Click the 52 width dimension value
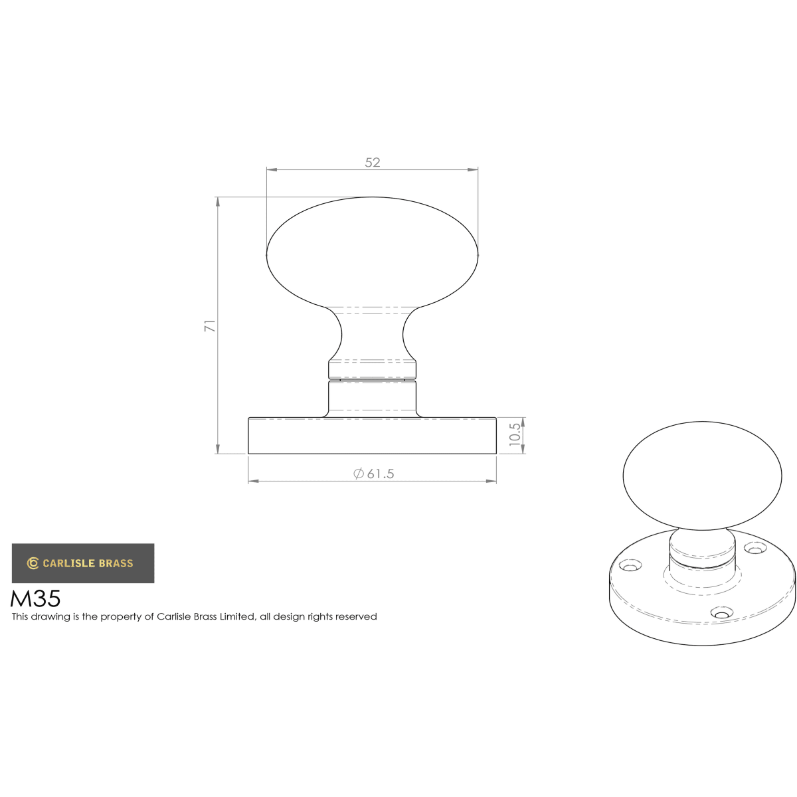tap(372, 163)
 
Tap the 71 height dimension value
tap(210, 325)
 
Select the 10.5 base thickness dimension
tap(515, 434)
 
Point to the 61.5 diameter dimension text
tap(381, 474)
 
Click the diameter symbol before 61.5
tap(358, 474)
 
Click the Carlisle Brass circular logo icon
tap(33, 563)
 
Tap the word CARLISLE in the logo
tap(68, 563)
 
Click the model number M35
tap(36, 598)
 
